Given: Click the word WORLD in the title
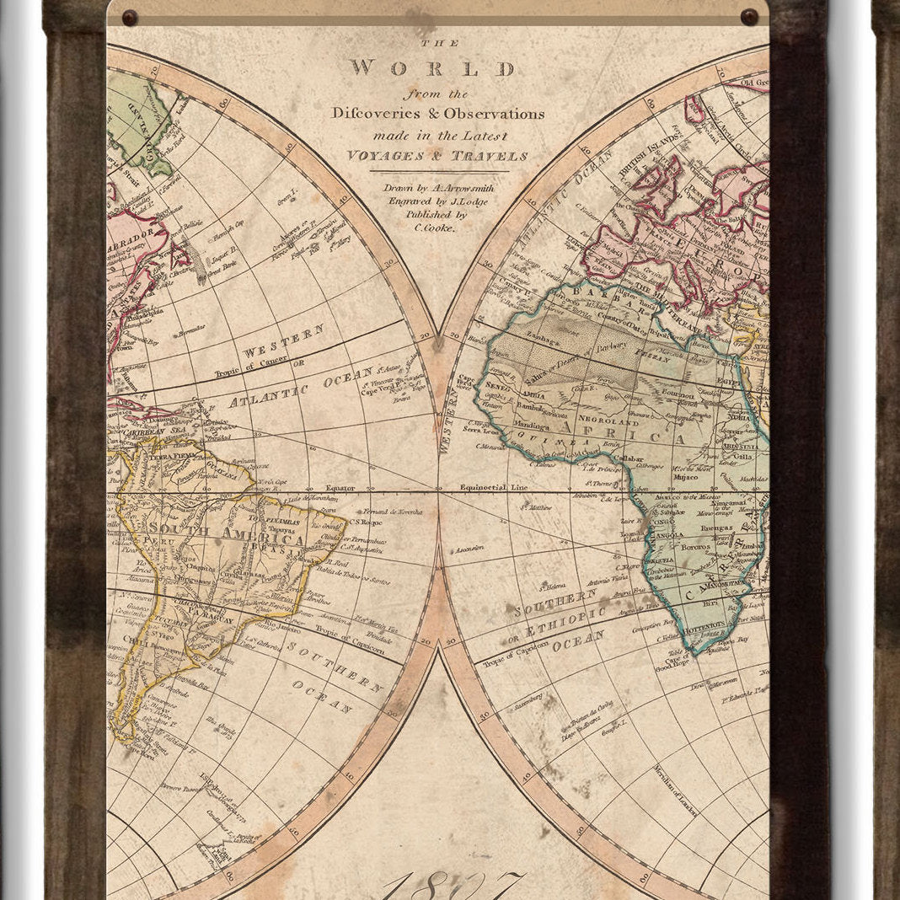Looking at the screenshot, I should pyautogui.click(x=433, y=69).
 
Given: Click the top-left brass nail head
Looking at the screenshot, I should pyautogui.click(x=129, y=17).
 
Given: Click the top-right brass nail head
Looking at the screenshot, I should pyautogui.click(x=748, y=16).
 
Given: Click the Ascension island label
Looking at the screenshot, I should pyautogui.click(x=470, y=548).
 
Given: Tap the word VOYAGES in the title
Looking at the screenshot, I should pyautogui.click(x=388, y=156).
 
